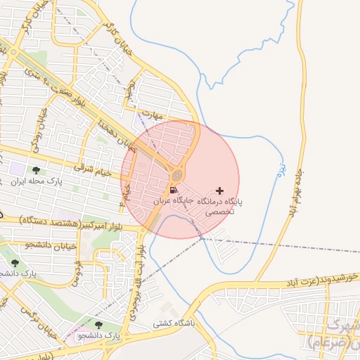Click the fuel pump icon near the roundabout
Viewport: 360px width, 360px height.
click(x=173, y=190)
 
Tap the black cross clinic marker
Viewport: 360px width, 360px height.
click(x=220, y=191)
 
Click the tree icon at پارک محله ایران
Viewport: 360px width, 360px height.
click(x=36, y=170)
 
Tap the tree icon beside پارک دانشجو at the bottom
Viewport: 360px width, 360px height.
click(x=98, y=325)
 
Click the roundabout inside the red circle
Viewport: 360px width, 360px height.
click(x=179, y=174)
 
